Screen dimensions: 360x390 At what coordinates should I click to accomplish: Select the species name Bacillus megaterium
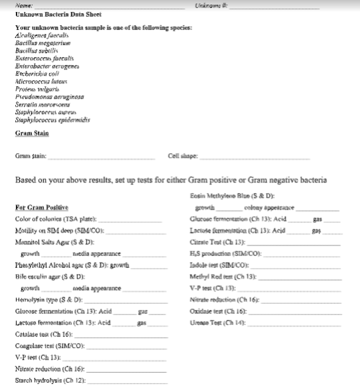tap(41, 42)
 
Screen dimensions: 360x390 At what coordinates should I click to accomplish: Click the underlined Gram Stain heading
tap(32, 133)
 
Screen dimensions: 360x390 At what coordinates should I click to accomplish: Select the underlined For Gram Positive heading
tap(42, 208)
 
